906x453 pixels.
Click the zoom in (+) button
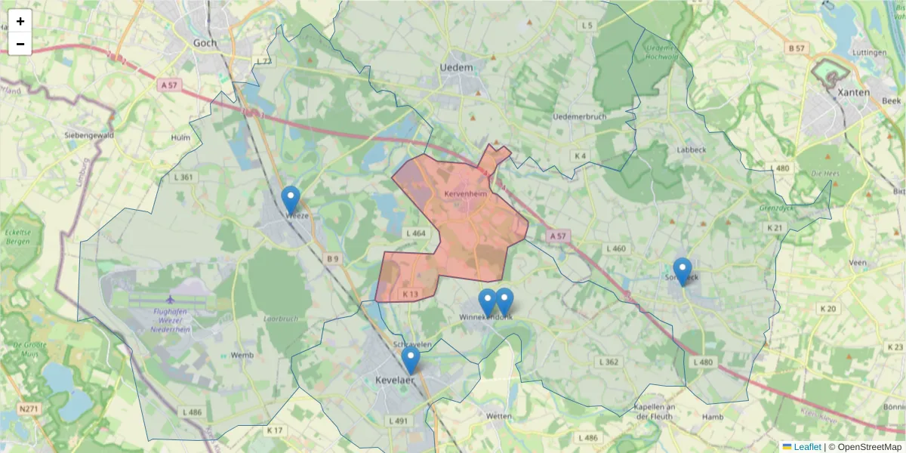tap(20, 21)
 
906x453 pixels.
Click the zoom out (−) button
tap(20, 44)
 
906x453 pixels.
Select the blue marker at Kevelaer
tap(411, 361)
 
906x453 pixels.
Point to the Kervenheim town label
tap(466, 194)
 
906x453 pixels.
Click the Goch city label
tap(205, 43)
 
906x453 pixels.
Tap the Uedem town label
tap(456, 67)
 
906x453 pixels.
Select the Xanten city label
tap(854, 92)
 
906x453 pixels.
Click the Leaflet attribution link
tap(807, 447)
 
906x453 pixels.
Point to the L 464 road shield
tap(415, 233)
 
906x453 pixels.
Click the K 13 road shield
tap(410, 294)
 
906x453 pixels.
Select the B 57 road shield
tap(797, 48)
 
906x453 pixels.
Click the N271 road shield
tap(29, 409)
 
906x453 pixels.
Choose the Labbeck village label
tap(690, 149)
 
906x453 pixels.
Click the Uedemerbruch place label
tap(581, 116)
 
